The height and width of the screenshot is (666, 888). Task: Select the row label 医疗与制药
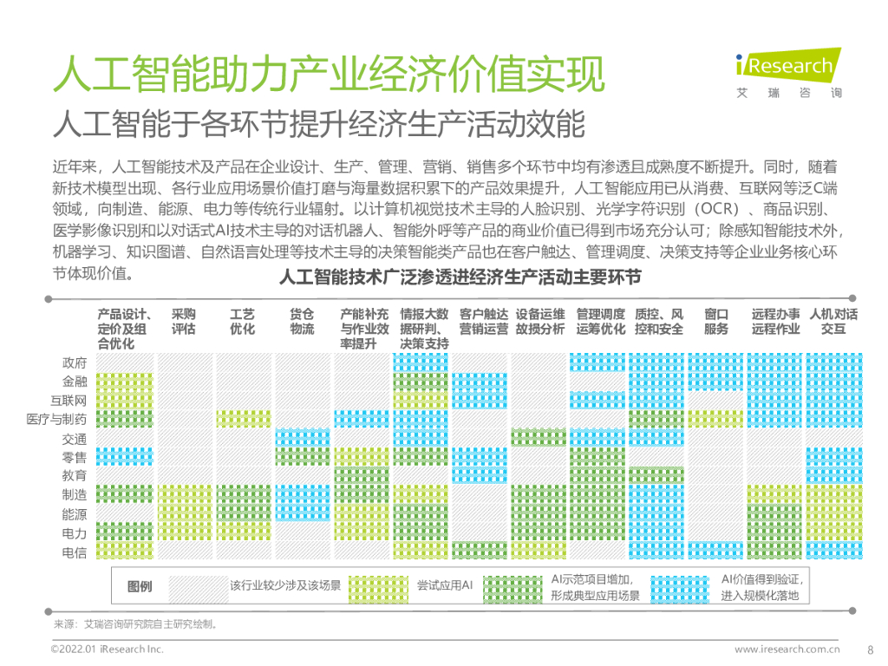point(56,419)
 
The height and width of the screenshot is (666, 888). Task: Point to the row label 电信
point(75,552)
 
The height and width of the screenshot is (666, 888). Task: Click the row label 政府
point(75,362)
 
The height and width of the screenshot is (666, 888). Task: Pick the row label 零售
point(75,457)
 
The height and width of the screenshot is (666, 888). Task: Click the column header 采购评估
point(184,322)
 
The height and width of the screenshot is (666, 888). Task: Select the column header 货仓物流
point(302,322)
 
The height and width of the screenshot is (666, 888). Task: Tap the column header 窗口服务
point(715,322)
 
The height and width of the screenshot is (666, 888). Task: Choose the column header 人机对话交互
point(832,322)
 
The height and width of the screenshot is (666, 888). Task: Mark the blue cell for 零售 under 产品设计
point(124,456)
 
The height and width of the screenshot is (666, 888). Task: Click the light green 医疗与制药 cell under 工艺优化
point(243,419)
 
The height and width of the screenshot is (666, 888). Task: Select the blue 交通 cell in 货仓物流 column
point(302,438)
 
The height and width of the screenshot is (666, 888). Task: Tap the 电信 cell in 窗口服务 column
point(715,551)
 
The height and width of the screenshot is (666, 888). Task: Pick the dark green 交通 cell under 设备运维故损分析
point(539,438)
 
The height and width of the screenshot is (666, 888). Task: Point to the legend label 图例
point(140,587)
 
